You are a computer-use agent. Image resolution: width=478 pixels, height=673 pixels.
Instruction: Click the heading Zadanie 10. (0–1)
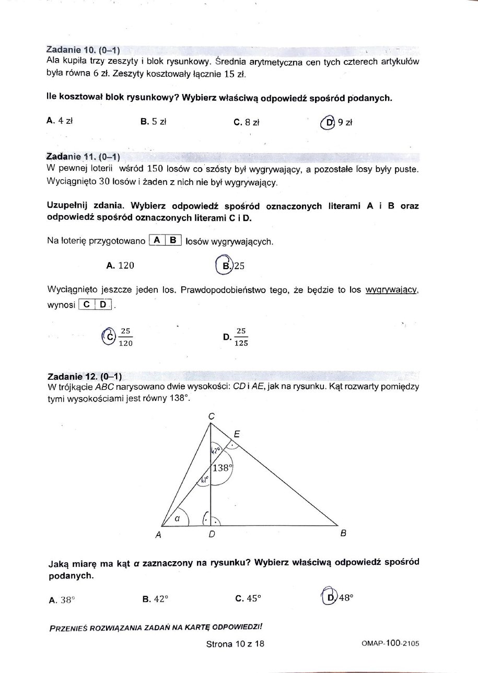83,50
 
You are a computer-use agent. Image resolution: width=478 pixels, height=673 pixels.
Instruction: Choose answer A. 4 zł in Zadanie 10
59,121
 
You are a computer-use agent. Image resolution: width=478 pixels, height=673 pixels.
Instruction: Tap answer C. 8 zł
247,122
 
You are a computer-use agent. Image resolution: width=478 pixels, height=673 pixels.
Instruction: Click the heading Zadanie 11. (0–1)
84,156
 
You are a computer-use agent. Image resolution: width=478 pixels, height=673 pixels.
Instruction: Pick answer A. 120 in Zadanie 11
120,265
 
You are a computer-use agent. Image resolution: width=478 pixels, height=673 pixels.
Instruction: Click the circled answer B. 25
230,265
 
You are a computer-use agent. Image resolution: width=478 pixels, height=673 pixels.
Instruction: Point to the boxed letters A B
165,240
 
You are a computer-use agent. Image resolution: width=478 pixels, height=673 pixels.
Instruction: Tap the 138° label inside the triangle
221,468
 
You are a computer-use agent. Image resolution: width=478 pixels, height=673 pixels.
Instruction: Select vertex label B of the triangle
343,533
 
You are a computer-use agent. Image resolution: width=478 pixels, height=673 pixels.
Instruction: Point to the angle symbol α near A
177,518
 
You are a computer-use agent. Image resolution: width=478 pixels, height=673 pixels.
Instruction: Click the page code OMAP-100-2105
390,644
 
